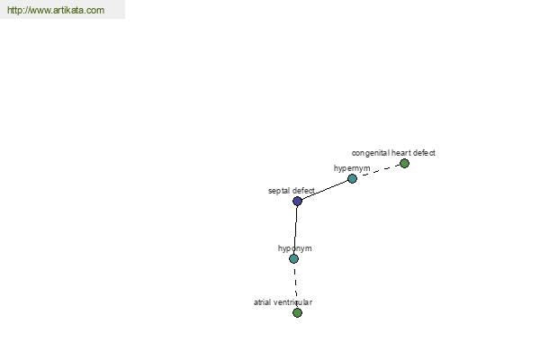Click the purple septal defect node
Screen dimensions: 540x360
(x=297, y=202)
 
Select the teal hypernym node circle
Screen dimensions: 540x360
(x=352, y=178)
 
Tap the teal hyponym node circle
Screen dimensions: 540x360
(x=293, y=258)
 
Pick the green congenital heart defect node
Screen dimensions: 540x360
(x=404, y=163)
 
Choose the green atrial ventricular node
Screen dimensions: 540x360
(x=297, y=313)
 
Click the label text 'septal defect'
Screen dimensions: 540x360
(x=292, y=191)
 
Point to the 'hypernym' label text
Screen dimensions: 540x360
(x=352, y=168)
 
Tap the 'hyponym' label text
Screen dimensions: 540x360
(x=295, y=248)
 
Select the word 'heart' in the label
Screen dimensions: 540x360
(x=400, y=153)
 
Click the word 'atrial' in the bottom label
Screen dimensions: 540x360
(x=262, y=302)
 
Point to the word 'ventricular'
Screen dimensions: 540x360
(x=292, y=302)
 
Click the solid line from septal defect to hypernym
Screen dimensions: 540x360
(x=324, y=190)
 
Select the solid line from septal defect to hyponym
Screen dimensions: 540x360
(x=295, y=229)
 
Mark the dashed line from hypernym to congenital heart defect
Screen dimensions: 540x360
(x=381, y=170)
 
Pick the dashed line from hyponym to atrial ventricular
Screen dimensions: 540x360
(x=295, y=286)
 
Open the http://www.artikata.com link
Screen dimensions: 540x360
(x=56, y=10)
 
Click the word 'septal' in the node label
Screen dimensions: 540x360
(x=279, y=191)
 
